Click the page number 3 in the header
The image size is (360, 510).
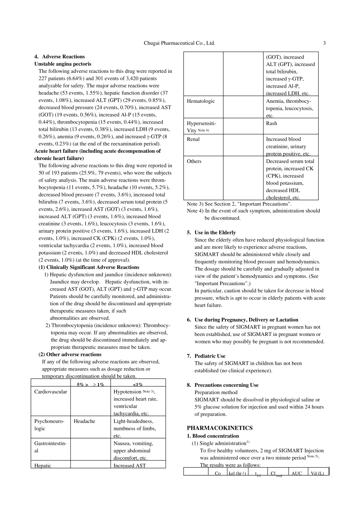click(x=324, y=43)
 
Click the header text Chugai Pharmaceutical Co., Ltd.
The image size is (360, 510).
click(x=179, y=43)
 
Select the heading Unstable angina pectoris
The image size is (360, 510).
click(x=63, y=64)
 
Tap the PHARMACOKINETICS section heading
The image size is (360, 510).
click(x=219, y=428)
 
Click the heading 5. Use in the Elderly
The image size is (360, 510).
click(x=215, y=233)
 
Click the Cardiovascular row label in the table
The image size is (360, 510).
click(x=50, y=392)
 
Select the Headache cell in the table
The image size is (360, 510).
click(x=84, y=421)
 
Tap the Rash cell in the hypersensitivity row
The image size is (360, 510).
click(x=271, y=123)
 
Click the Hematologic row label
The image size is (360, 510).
click(x=200, y=101)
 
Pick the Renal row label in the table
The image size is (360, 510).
click(x=193, y=139)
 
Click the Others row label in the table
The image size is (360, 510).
click(x=194, y=161)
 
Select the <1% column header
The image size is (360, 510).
click(x=138, y=384)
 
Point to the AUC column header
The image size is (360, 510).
click(x=296, y=473)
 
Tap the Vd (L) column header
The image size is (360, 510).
click(x=317, y=473)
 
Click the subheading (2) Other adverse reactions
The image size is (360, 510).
click(x=70, y=355)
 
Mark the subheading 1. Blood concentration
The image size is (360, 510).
click(x=213, y=436)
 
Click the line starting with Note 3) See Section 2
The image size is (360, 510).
click(x=239, y=204)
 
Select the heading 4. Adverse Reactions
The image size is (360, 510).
click(x=59, y=57)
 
